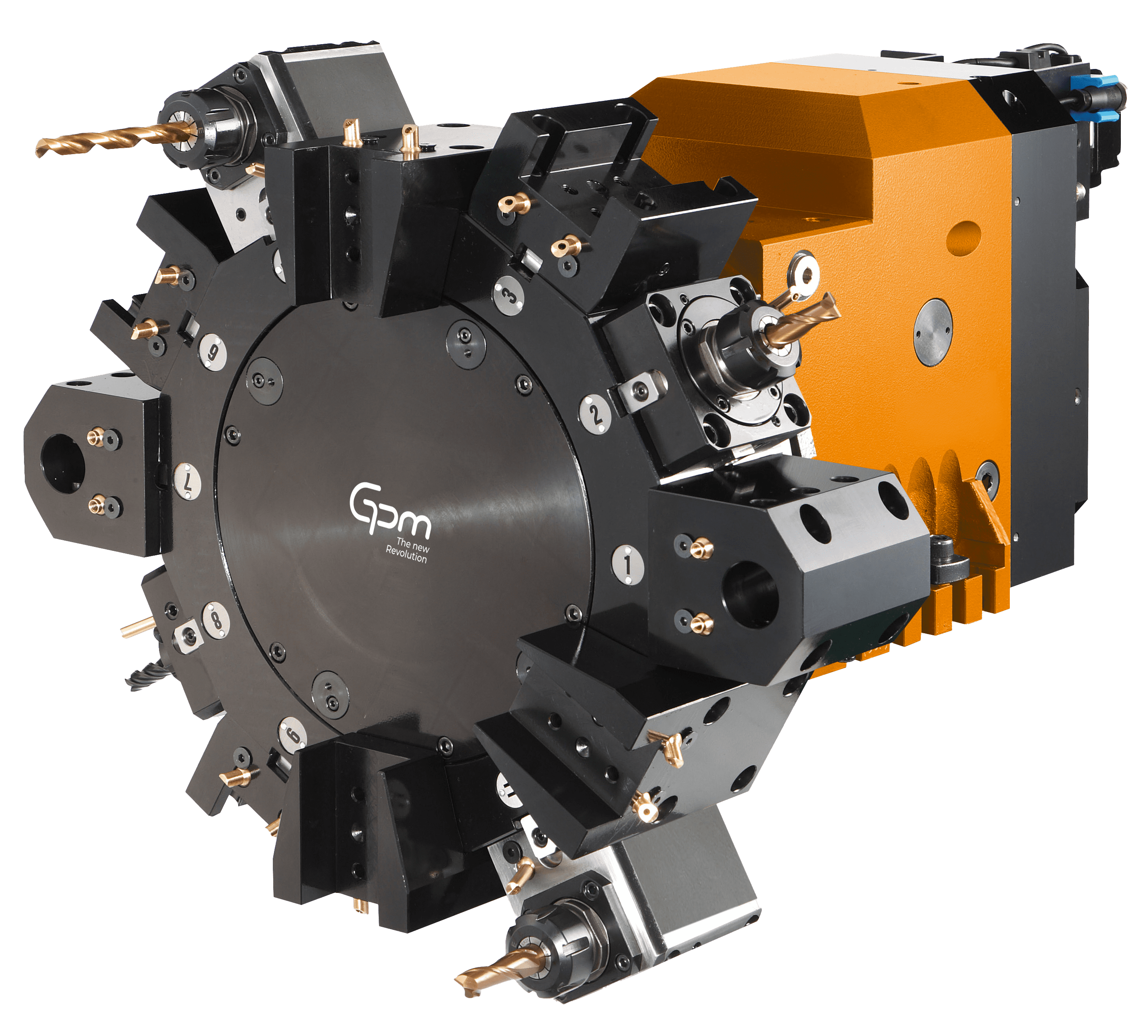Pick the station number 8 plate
[x=216, y=619]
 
